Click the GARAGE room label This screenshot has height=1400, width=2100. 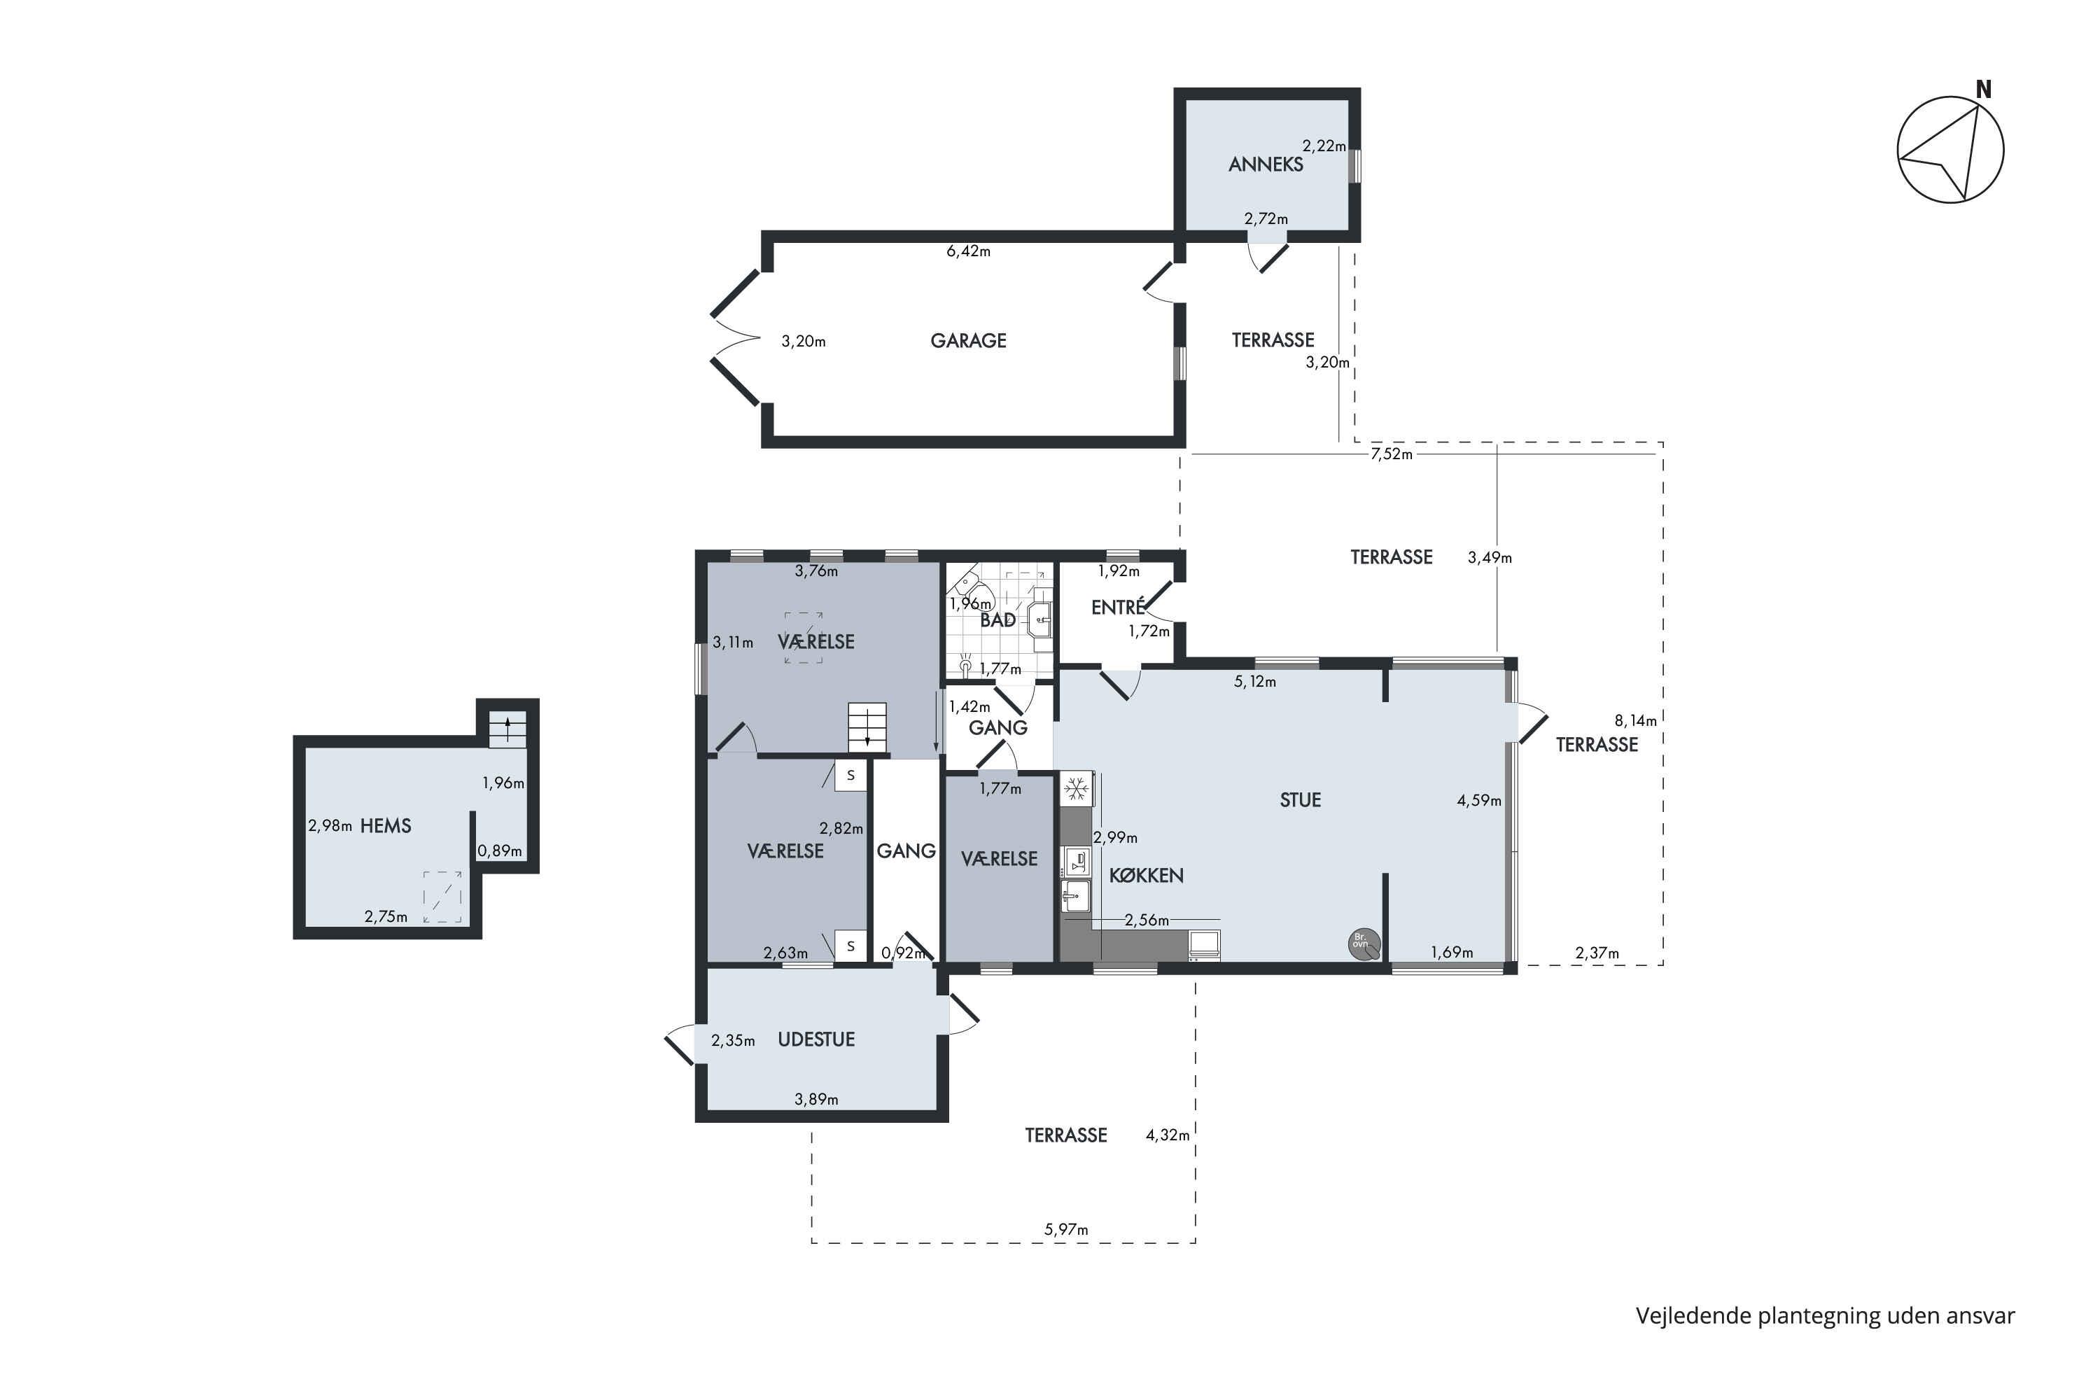point(968,340)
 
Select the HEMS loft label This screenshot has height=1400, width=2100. point(386,826)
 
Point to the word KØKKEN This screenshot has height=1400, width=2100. point(1147,875)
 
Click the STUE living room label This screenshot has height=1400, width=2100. point(1300,800)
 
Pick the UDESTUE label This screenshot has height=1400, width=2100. point(816,1039)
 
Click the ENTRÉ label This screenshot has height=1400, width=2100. point(1118,607)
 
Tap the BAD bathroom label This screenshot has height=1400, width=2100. point(998,619)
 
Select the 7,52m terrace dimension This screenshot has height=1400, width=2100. point(1392,454)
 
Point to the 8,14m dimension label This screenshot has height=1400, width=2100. point(1636,720)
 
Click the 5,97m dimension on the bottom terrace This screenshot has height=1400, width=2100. point(1067,1229)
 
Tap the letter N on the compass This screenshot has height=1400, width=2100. point(1984,90)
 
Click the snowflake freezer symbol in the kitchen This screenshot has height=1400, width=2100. point(1077,790)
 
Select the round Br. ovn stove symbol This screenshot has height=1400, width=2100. point(1364,943)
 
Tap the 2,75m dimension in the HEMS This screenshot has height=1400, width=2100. point(386,917)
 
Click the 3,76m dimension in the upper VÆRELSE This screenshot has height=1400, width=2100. point(816,571)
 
